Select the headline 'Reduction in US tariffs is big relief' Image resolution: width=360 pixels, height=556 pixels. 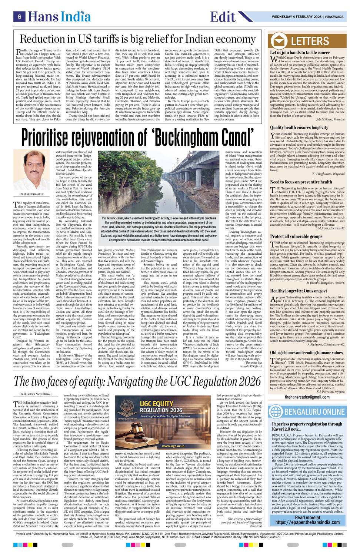(137, 39)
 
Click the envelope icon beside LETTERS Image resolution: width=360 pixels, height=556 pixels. (280, 40)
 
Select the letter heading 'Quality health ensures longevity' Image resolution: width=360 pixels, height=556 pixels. (299, 128)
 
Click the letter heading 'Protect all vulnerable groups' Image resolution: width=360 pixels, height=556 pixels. (296, 236)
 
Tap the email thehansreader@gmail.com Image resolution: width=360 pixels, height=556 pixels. (307, 397)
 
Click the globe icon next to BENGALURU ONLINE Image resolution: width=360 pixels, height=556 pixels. (276, 411)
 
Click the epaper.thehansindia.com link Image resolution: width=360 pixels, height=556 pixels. (307, 520)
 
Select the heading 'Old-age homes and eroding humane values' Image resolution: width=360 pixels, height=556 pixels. (306, 353)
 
